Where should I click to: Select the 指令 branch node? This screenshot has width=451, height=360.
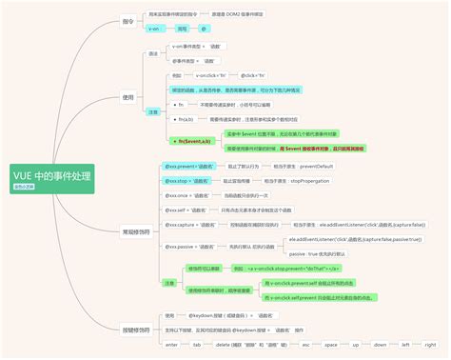point(128,20)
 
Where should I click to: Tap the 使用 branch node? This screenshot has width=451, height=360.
point(128,97)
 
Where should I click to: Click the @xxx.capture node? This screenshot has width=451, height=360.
point(186,225)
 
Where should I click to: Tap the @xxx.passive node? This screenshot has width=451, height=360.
point(186,247)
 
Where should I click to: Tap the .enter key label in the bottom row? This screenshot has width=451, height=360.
point(171,344)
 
